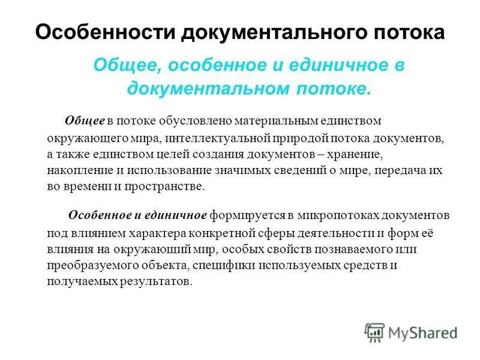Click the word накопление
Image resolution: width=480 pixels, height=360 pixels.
74,170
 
